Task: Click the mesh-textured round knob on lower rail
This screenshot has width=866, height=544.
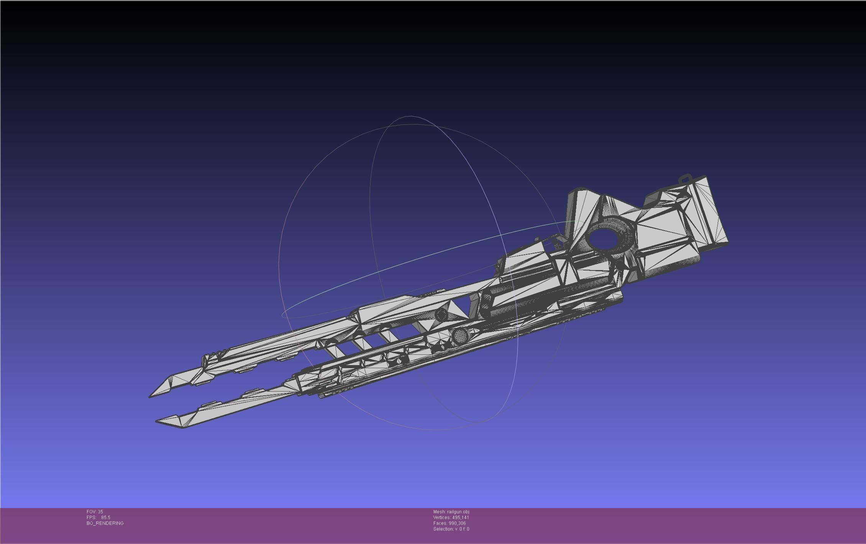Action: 459,336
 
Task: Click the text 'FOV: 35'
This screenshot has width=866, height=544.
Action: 95,512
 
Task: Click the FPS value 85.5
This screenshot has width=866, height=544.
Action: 105,518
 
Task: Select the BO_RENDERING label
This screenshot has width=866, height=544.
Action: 105,523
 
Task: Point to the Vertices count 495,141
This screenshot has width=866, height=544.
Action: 460,518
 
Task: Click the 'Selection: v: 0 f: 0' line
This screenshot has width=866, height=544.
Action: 451,529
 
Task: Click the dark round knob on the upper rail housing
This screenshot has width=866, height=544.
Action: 441,315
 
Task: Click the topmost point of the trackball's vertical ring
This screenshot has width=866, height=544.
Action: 411,116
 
